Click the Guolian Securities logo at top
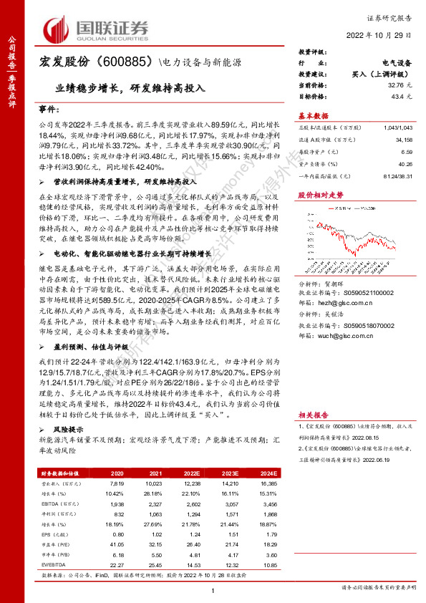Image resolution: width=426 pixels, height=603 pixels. pyautogui.click(x=97, y=29)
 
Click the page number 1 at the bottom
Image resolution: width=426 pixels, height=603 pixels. pyautogui.click(x=213, y=589)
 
